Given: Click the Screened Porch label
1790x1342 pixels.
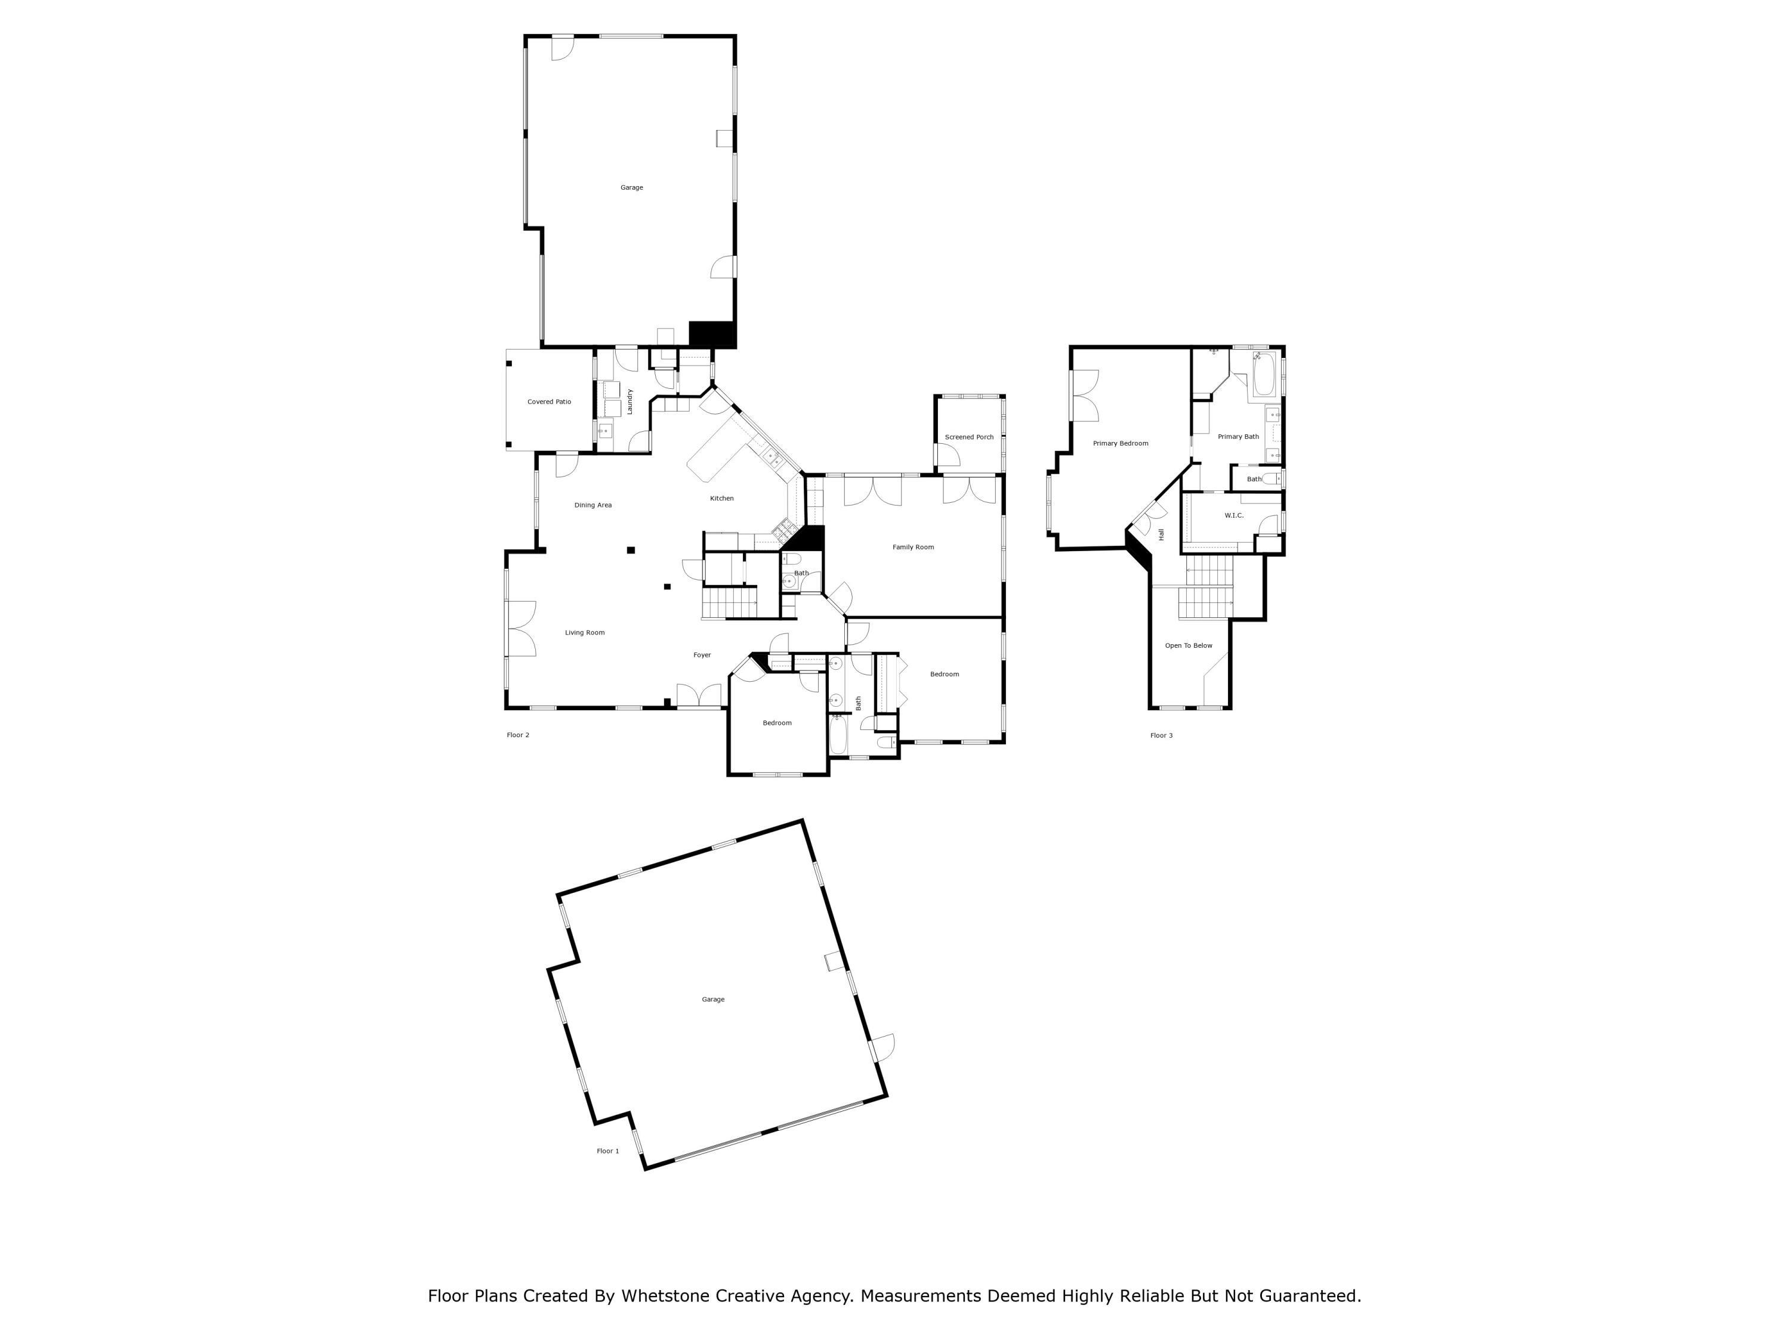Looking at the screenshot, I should (x=968, y=437).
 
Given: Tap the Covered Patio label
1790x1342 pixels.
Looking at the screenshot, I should (x=549, y=402).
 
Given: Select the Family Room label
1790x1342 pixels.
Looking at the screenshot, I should (x=913, y=547).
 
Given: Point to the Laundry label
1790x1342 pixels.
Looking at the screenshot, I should (x=629, y=402).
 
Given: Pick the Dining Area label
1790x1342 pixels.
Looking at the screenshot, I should (x=592, y=505).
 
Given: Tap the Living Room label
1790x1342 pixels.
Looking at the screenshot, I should (x=584, y=633).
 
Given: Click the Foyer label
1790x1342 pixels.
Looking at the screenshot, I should (x=702, y=654).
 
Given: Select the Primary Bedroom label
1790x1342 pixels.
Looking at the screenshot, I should (x=1120, y=443).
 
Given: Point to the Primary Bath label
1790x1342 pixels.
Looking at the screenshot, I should (x=1237, y=437).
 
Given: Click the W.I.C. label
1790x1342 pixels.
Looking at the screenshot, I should (x=1233, y=515).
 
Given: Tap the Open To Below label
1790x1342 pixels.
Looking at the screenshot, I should (x=1188, y=645).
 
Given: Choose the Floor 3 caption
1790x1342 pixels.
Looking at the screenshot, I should (x=1161, y=735).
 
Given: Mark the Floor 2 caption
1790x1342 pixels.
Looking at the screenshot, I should (x=517, y=735).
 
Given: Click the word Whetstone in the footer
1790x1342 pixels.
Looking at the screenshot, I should (x=666, y=1296).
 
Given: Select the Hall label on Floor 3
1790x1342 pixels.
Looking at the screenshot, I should (x=1161, y=534).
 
